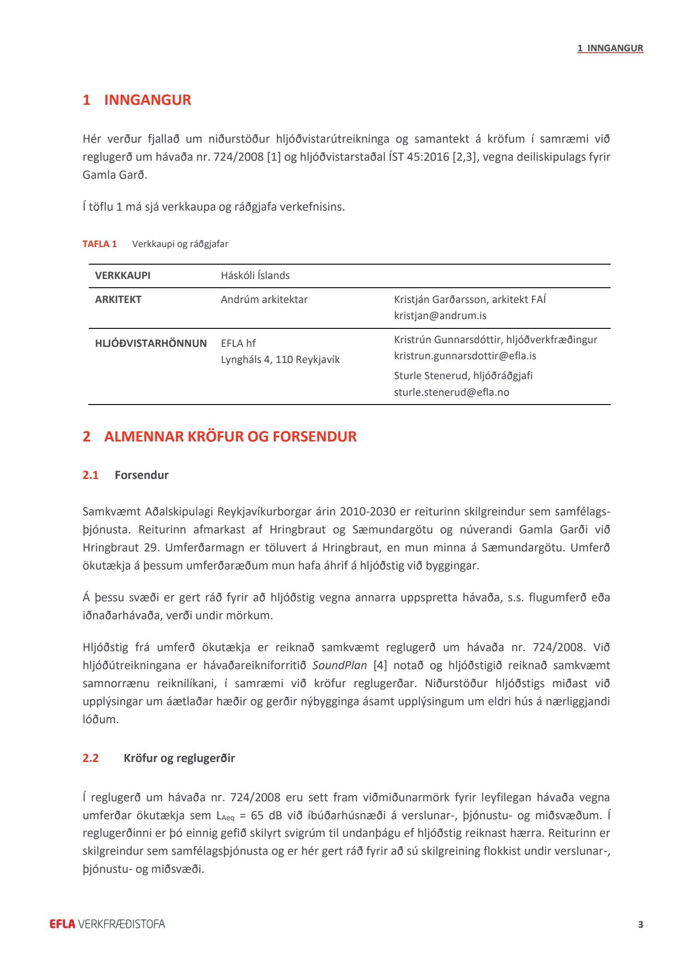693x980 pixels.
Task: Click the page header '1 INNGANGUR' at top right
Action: pos(610,48)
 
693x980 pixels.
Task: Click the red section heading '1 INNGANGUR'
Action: pos(137,100)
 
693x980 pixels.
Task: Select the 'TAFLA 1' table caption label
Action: pos(100,244)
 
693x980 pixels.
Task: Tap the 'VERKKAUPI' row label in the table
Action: pos(123,275)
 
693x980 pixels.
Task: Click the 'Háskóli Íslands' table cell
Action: pos(255,275)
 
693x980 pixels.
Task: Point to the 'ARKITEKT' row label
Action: pos(118,299)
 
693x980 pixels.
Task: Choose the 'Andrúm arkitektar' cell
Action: pos(264,299)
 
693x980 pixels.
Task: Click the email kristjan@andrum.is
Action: pos(440,315)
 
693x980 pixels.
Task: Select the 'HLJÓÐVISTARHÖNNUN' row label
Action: pos(151,343)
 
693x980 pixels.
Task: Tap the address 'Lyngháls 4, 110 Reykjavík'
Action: pos(280,359)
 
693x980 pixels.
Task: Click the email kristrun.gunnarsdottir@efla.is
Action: pos(465,356)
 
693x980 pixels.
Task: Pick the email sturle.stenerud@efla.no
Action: pos(451,392)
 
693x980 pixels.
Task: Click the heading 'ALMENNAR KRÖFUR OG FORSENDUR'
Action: pos(230,436)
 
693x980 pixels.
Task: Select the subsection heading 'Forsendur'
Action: pos(141,475)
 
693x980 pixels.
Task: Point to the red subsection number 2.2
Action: pos(91,758)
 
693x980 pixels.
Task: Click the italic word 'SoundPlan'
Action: pos(340,665)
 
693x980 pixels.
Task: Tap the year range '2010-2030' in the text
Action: pos(368,511)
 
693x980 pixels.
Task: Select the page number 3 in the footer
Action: pos(640,925)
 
